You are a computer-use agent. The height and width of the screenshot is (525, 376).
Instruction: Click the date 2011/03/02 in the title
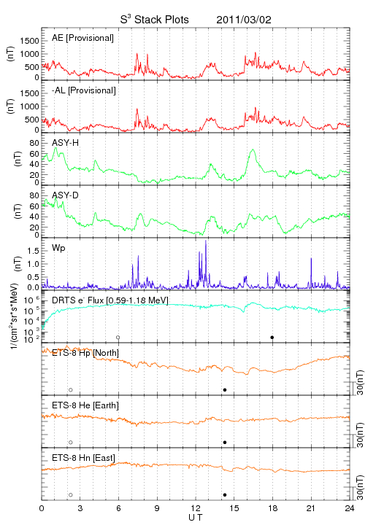coord(244,20)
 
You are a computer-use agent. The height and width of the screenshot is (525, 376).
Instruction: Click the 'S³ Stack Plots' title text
coord(155,20)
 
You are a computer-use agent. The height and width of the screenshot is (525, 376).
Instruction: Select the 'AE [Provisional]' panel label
coord(83,38)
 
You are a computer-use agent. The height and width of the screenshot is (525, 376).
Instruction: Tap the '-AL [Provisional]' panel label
coord(84,90)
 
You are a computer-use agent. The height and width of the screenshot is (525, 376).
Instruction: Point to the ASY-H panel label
coord(66,143)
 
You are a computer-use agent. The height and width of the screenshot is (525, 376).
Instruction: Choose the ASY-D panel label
coord(66,195)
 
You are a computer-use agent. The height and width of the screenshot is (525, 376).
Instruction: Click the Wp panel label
coord(58,248)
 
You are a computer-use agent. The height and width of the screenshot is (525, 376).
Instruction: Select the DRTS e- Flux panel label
coord(110,300)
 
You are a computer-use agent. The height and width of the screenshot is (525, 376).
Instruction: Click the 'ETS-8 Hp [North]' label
coord(85,353)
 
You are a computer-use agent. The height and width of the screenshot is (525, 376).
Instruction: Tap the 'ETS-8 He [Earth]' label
coord(85,405)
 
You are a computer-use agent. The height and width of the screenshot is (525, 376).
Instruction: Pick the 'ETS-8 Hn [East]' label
coord(83,458)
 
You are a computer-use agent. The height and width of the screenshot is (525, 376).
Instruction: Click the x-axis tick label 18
coord(273,508)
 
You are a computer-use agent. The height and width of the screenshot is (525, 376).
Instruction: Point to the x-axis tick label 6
coord(118,508)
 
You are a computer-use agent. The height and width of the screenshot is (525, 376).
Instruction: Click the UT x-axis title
coord(196,517)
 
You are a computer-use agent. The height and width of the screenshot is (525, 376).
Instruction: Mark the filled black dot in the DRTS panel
coord(272,338)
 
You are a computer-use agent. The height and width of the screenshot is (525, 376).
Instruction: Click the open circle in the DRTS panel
coord(118,338)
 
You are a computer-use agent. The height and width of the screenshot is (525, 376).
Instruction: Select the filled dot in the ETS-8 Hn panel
coord(225,495)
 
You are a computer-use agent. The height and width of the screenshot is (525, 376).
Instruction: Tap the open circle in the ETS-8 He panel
coord(71,443)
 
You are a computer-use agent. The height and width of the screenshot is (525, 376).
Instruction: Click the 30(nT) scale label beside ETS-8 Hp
coord(360,383)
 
